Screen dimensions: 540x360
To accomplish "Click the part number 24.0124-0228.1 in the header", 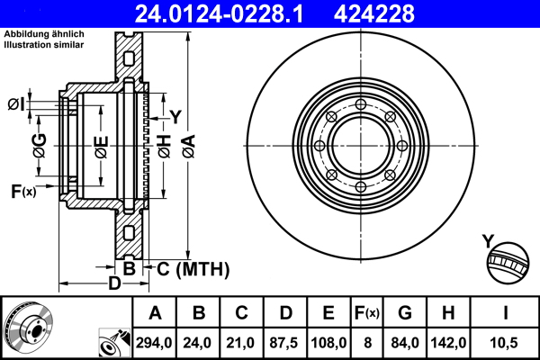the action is (x=219, y=13).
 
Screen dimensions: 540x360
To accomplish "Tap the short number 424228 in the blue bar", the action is (x=374, y=13).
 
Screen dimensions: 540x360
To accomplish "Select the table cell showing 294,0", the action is (x=154, y=343).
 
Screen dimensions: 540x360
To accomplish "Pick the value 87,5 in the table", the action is (x=283, y=343).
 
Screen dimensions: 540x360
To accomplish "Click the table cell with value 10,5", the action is (x=503, y=343).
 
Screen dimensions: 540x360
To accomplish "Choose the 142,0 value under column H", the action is (x=448, y=343).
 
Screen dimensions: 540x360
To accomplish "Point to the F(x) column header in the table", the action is (x=367, y=313).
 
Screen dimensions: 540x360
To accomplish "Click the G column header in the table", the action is (x=405, y=313).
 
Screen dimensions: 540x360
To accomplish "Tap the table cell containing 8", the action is (x=367, y=343).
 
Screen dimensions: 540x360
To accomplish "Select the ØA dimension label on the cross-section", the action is (x=189, y=147).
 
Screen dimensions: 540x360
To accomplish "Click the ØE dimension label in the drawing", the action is (x=102, y=148).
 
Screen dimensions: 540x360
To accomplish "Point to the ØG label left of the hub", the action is (x=40, y=145).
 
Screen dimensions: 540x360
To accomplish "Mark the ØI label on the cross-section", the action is (x=16, y=104).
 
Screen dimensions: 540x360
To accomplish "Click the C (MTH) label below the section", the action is (x=193, y=269).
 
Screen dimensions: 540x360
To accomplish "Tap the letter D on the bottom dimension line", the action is (x=114, y=283).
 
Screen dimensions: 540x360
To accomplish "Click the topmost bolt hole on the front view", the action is (x=361, y=104).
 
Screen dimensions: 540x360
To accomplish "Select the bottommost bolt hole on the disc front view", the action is (x=361, y=187).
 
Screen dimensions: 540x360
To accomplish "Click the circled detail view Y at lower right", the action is (x=508, y=263).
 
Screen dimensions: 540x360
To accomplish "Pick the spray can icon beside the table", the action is (x=114, y=342).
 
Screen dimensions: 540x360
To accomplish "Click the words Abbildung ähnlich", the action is (x=44, y=34).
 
